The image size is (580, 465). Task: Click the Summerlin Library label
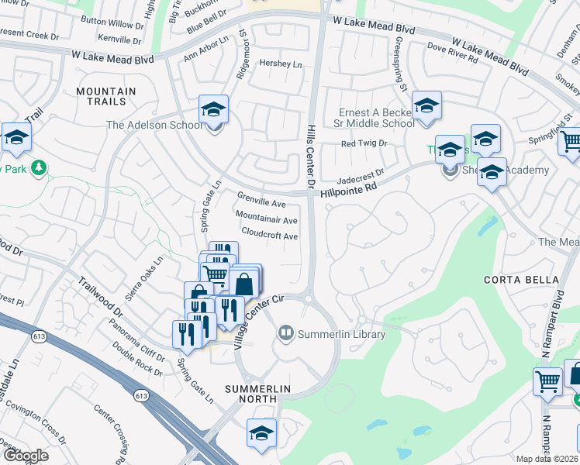click(x=341, y=335)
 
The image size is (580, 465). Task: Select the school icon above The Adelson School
click(x=213, y=110)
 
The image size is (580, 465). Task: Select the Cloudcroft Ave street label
click(x=270, y=235)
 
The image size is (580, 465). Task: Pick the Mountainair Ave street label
click(x=266, y=220)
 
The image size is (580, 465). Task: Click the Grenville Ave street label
click(x=261, y=204)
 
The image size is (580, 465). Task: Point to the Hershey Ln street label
click(x=281, y=64)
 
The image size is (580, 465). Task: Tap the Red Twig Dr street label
click(x=364, y=144)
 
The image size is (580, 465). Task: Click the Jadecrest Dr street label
click(x=359, y=174)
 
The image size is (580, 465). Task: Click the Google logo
click(x=26, y=455)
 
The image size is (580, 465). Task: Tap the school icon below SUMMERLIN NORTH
click(x=262, y=435)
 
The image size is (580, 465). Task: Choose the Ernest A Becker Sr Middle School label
click(x=377, y=118)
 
